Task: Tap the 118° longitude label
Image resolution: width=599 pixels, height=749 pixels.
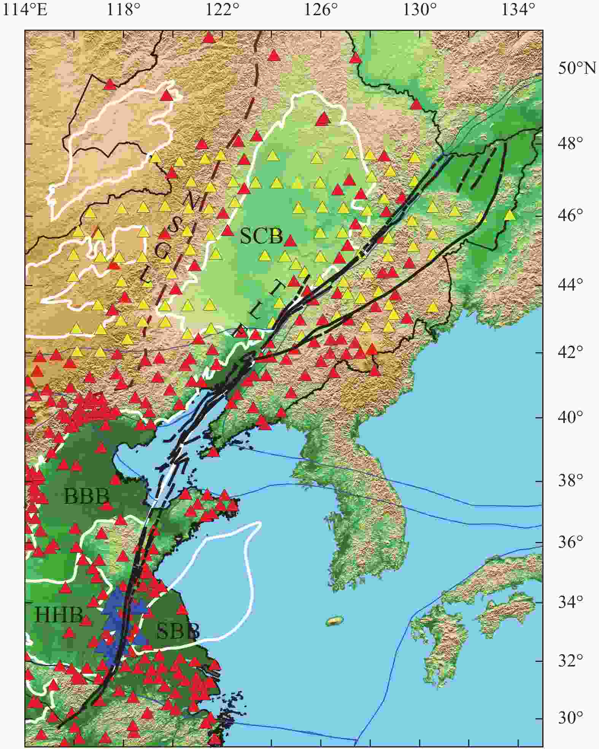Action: pyautogui.click(x=121, y=10)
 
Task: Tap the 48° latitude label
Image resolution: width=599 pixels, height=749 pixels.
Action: pyautogui.click(x=569, y=144)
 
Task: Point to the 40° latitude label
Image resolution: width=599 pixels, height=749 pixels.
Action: pyautogui.click(x=569, y=418)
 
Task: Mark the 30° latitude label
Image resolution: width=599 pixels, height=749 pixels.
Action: pyautogui.click(x=569, y=719)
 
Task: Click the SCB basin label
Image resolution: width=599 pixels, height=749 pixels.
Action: pyautogui.click(x=262, y=237)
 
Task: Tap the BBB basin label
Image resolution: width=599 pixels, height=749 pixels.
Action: pyautogui.click(x=87, y=496)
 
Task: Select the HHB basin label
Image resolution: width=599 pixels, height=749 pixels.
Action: pyautogui.click(x=59, y=615)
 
